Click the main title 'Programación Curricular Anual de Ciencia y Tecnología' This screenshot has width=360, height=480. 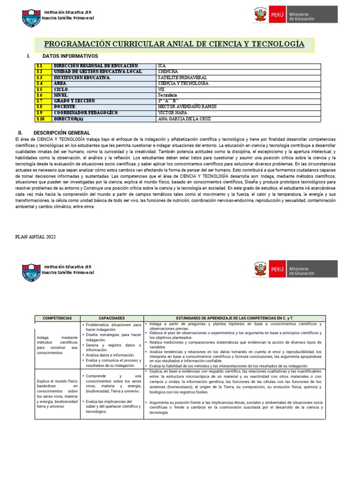point(174,45)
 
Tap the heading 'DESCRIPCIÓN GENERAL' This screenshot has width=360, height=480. point(66,133)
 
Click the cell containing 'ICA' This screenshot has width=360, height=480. point(162,66)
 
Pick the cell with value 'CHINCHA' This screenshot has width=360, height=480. point(168,72)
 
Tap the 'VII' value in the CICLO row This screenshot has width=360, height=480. point(162,89)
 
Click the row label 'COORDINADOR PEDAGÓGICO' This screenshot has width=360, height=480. point(86,113)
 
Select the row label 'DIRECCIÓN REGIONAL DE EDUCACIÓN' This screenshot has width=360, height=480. point(96,66)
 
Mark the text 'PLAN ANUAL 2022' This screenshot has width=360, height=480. point(36,237)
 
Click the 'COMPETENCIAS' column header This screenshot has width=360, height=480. point(57,318)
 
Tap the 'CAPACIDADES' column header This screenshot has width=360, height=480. point(112,318)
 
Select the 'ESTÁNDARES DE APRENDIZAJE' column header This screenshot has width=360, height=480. point(234,318)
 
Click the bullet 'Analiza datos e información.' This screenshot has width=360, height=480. point(110,355)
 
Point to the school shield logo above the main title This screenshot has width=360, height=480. point(31,18)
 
